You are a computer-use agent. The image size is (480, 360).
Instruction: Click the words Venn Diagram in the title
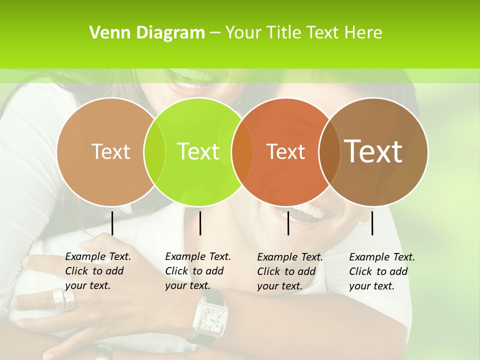(x=147, y=33)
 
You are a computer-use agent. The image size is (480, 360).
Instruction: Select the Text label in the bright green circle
(x=198, y=151)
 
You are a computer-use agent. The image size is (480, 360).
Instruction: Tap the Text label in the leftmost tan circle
(x=110, y=151)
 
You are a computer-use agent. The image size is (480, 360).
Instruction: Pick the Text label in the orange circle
(x=285, y=151)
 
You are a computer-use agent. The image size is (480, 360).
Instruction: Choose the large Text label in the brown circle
(x=373, y=151)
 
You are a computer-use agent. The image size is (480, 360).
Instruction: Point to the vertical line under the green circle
(x=200, y=223)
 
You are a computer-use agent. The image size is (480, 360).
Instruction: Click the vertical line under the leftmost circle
(x=112, y=223)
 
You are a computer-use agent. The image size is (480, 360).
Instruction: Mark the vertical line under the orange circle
(x=288, y=223)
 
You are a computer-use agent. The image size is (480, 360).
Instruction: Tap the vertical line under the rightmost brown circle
(x=372, y=223)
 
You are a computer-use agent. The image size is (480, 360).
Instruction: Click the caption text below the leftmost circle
(x=97, y=271)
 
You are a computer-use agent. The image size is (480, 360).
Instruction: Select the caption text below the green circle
(x=197, y=271)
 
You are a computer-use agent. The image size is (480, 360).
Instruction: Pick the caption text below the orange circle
(x=289, y=271)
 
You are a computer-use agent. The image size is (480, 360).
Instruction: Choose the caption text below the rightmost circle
(x=381, y=271)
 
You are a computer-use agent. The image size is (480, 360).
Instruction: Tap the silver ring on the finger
(x=63, y=298)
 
